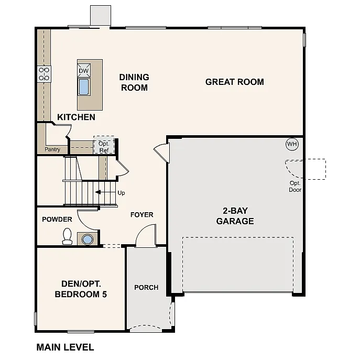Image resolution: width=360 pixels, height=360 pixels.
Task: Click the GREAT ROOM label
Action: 234,82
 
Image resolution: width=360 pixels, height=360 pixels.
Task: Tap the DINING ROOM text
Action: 134,82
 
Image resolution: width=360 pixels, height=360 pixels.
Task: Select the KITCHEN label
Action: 76,117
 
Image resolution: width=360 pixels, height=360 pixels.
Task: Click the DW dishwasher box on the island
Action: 84,71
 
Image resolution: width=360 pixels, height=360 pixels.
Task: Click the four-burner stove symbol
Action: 43,73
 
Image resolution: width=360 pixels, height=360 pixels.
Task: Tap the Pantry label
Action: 52,149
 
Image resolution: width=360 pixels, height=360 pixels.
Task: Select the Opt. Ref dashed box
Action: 104,146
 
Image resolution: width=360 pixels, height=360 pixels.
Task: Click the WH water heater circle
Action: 291,144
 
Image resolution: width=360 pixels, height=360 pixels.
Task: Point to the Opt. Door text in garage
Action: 296,186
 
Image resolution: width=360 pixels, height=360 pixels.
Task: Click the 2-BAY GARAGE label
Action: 235,216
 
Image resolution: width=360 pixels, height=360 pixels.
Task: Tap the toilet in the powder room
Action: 67,237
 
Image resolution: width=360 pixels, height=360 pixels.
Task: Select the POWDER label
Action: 57,219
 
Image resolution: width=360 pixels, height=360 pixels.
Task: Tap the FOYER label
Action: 141,214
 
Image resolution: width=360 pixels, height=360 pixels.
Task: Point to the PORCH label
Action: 146,287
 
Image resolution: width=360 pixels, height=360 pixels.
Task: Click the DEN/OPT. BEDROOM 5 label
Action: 81,289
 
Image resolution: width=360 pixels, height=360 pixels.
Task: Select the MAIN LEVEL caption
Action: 65,347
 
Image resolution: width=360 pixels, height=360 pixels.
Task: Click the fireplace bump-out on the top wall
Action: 101,15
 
